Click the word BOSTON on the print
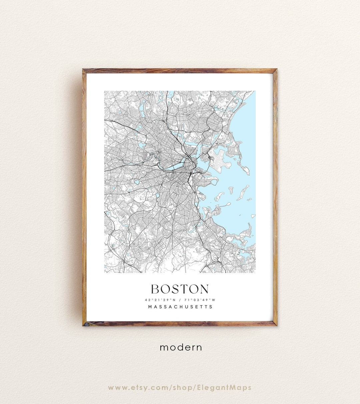click(180, 289)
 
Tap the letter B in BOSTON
click(155, 289)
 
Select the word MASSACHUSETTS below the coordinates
click(180, 307)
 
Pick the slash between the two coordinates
click(180, 299)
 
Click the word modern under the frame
click(181, 347)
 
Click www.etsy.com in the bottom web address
click(137, 388)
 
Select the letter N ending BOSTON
click(204, 289)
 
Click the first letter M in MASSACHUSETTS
click(150, 307)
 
